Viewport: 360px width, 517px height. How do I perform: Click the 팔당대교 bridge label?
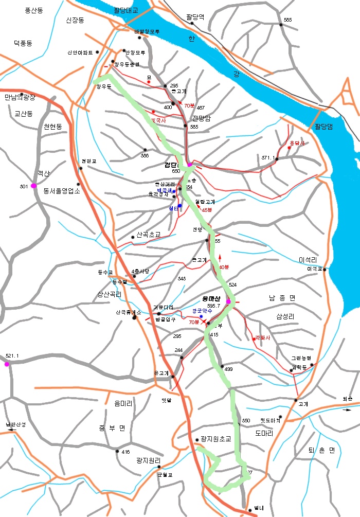pos(127,10)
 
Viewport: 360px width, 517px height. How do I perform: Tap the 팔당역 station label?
pos(195,17)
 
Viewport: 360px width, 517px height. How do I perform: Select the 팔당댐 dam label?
pos(323,127)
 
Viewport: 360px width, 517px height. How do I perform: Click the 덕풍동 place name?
pos(23,44)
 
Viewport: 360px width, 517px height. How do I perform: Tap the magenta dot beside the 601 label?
pos(33,186)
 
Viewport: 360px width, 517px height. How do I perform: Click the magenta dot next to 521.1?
pos(7,364)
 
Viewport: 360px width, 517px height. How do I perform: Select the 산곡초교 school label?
pos(149,235)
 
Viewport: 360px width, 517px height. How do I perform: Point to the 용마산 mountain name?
pos(211,298)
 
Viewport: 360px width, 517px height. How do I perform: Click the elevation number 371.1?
pos(268,158)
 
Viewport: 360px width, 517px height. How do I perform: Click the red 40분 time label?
pos(224,267)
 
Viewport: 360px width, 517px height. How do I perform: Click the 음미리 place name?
pos(124,404)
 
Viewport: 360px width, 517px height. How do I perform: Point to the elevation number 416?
pos(126,452)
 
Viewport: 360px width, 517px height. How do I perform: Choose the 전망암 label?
pos(201,118)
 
